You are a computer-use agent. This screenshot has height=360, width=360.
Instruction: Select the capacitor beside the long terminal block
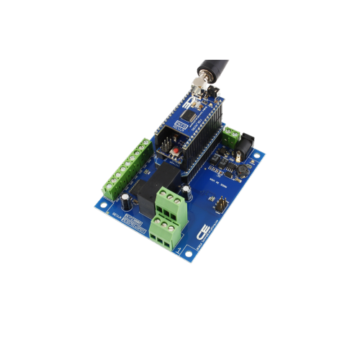click(127, 198)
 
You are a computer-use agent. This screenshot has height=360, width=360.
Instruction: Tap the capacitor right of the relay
click(186, 192)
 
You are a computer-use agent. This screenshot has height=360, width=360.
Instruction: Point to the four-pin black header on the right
click(218, 205)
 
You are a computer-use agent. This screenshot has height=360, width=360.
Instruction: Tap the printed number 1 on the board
click(179, 250)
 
